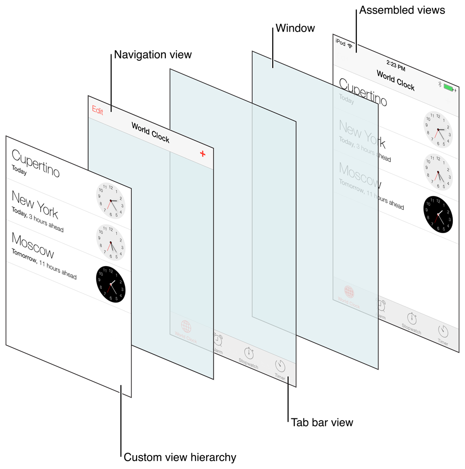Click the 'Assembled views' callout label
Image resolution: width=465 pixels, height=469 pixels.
pos(402,10)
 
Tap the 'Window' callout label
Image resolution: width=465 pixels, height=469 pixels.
pos(295,28)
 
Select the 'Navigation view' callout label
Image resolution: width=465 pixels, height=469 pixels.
pos(153,55)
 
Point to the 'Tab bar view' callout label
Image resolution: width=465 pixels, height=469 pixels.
pos(322,423)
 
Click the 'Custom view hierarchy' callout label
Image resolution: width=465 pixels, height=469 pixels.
pos(180,457)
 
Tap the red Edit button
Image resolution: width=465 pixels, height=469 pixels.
pos(98,110)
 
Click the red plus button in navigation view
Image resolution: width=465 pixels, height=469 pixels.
pos(203,154)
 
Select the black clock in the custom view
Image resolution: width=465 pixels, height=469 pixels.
pos(111,284)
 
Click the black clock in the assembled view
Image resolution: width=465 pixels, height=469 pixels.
pos(438,214)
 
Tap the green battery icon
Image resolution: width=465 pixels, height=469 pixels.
pos(448,87)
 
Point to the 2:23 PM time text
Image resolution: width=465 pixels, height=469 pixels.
pos(395,65)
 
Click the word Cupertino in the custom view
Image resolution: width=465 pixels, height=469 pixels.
pos(36,163)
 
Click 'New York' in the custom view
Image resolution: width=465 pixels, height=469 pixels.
pos(35,204)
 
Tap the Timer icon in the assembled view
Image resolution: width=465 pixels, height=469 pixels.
pos(443,332)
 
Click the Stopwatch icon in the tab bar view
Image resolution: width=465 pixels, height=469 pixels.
pos(249,352)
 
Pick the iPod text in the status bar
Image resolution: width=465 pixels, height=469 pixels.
pos(340,43)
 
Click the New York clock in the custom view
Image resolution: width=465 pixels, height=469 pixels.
pos(111,201)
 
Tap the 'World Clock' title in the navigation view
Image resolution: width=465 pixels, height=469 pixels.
pos(151,132)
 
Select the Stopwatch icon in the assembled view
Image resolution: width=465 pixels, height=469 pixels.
pos(412,319)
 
